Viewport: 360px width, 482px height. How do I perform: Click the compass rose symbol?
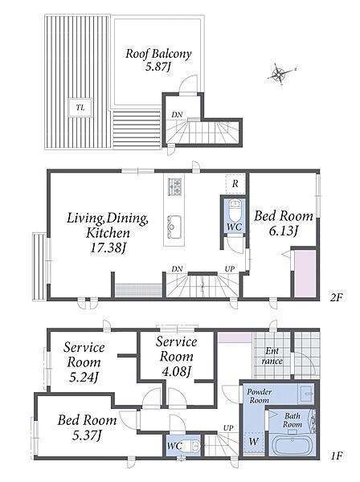(x=279, y=74)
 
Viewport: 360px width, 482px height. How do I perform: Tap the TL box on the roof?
(x=80, y=108)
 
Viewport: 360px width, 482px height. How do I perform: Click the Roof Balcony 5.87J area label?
(x=158, y=59)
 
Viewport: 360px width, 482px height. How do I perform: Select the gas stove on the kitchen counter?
(x=174, y=186)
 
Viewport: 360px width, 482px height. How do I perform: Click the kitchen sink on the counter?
(x=174, y=227)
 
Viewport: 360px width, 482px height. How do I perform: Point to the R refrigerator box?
(x=235, y=184)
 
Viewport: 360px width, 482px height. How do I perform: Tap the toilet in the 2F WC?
(x=235, y=210)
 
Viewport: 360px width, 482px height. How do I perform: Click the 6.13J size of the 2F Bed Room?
(x=283, y=231)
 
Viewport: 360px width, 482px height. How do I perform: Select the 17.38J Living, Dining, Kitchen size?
(x=108, y=247)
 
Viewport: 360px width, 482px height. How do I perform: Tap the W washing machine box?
(x=254, y=443)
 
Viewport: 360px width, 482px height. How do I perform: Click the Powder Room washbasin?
(x=306, y=393)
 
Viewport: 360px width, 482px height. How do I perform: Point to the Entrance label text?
(x=272, y=356)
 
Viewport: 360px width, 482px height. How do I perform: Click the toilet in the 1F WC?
(x=195, y=445)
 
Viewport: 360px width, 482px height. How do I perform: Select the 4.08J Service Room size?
(x=177, y=372)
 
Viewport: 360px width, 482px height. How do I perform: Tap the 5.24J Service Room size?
(x=84, y=378)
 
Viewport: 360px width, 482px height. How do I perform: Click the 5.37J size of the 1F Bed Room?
(x=87, y=435)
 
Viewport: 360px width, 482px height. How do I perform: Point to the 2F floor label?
(x=337, y=297)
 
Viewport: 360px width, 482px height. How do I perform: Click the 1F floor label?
(x=337, y=455)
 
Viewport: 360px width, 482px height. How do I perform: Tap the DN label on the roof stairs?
(x=177, y=115)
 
